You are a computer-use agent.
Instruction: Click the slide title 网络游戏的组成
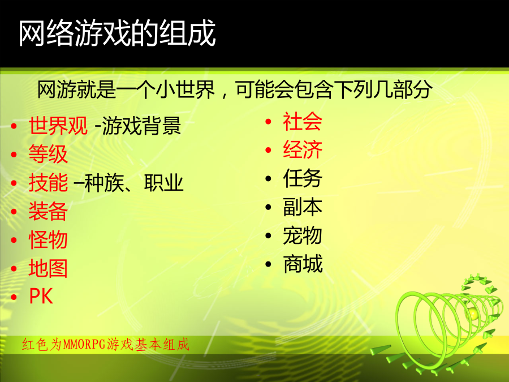pos(117,33)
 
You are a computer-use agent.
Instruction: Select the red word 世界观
pos(58,126)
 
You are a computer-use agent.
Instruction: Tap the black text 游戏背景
pos(141,126)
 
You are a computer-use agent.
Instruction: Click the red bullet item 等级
pos(48,154)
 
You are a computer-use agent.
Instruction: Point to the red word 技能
pos(48,183)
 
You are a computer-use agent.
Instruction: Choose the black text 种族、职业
pos(133,183)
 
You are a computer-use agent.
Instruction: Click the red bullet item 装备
pos(48,211)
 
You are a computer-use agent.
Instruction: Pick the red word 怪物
pos(48,240)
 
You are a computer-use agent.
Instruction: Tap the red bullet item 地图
pos(48,268)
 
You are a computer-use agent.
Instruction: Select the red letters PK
pos(41,296)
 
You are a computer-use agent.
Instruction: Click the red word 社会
pos(303,122)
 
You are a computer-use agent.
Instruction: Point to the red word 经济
pos(303,150)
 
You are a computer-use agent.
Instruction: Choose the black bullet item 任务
pos(303,178)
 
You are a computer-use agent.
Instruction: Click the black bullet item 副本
pos(303,207)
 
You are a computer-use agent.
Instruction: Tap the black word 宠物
pos(303,235)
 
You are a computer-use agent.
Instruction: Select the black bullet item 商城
pos(303,264)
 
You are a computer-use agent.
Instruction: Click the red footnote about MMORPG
pos(106,344)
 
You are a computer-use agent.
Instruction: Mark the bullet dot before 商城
pos(268,264)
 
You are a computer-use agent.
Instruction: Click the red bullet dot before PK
pos(14,297)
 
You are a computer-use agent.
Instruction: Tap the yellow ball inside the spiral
pos(473,314)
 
